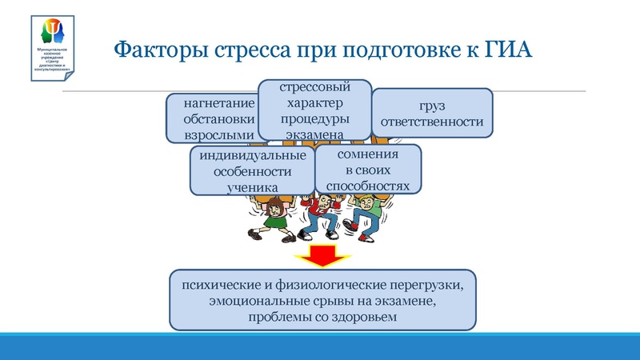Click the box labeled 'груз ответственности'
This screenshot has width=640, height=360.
coord(432,113)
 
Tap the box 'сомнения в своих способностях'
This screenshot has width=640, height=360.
coord(367,169)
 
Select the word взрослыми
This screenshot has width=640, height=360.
coord(218,134)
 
